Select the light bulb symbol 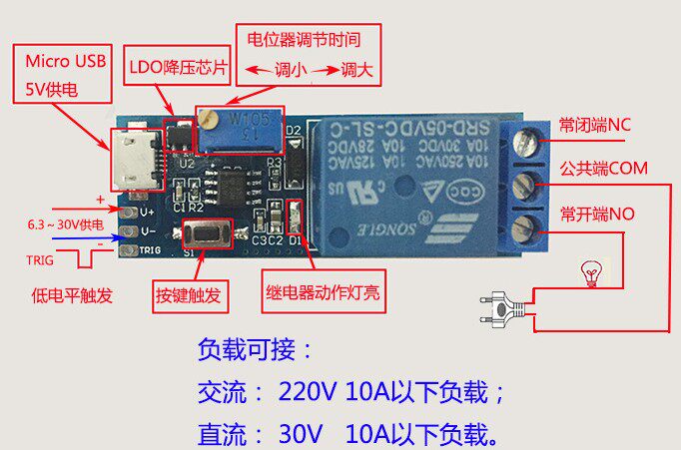tap(591, 270)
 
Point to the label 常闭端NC tap(595, 126)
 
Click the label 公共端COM tap(604, 169)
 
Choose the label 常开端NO tap(597, 214)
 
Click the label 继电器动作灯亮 tap(322, 294)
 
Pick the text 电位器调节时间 tap(303, 41)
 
